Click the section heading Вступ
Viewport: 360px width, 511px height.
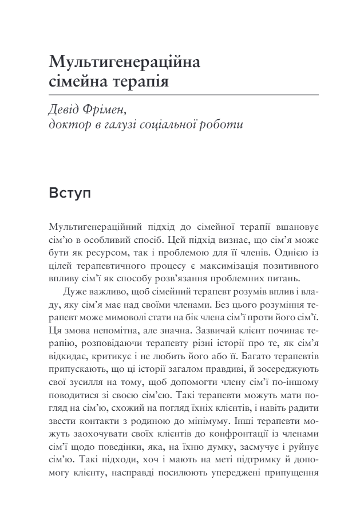pyautogui.click(x=70, y=192)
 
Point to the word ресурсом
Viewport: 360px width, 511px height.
pyautogui.click(x=101, y=251)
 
